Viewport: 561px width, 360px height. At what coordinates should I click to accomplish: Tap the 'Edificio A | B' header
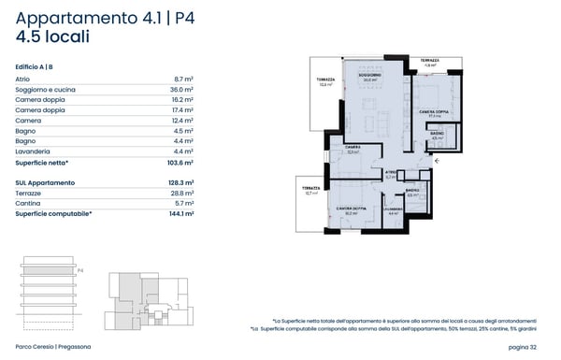click(39, 67)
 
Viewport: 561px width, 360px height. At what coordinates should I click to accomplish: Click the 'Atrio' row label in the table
click(23, 79)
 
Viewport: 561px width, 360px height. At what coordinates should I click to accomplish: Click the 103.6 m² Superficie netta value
click(179, 162)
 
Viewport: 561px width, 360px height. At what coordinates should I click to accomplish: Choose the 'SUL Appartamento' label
click(45, 182)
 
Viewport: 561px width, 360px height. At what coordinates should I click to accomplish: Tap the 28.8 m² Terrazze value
click(181, 193)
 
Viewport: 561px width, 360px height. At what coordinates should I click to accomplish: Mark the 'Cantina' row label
click(29, 203)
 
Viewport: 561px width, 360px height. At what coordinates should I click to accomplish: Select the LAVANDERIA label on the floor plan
click(394, 208)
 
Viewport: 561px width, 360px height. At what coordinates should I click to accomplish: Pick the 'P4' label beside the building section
click(80, 270)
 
